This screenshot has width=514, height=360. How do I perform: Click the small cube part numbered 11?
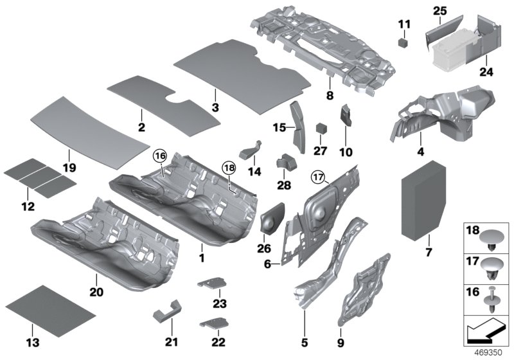tap(403, 43)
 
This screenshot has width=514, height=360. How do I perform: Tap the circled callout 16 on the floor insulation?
tap(159, 156)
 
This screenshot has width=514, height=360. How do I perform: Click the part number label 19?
tap(69, 168)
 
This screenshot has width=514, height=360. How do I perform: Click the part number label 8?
tap(329, 96)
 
